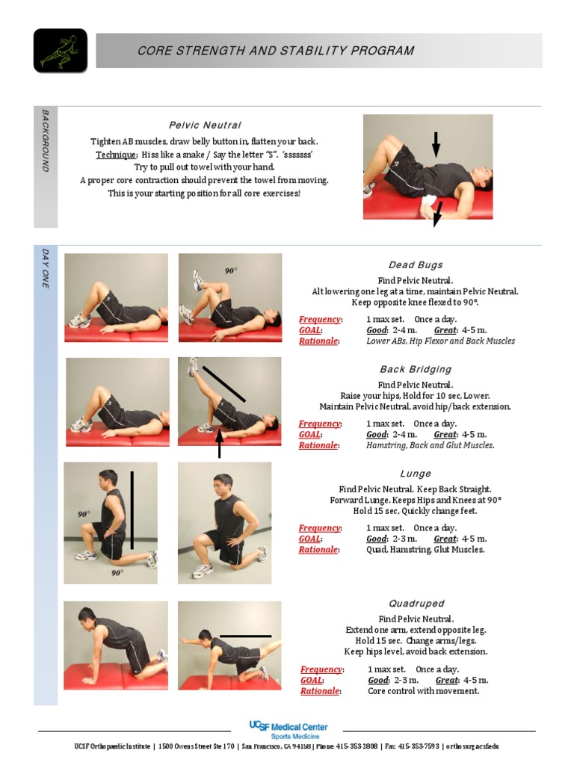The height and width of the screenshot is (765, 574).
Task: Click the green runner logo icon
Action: click(x=60, y=51)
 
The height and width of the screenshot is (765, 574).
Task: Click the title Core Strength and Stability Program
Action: click(x=276, y=51)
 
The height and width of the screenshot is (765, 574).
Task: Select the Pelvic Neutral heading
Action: click(x=205, y=125)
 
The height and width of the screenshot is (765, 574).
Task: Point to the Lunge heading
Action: click(x=416, y=474)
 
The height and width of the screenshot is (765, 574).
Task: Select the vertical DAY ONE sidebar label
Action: click(x=45, y=268)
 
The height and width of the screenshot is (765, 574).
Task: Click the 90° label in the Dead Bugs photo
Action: click(x=231, y=270)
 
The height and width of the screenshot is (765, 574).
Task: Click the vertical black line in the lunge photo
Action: click(x=132, y=510)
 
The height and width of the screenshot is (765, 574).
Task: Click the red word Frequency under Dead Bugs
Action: click(x=320, y=319)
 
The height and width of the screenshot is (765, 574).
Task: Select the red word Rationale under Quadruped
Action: click(x=320, y=691)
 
